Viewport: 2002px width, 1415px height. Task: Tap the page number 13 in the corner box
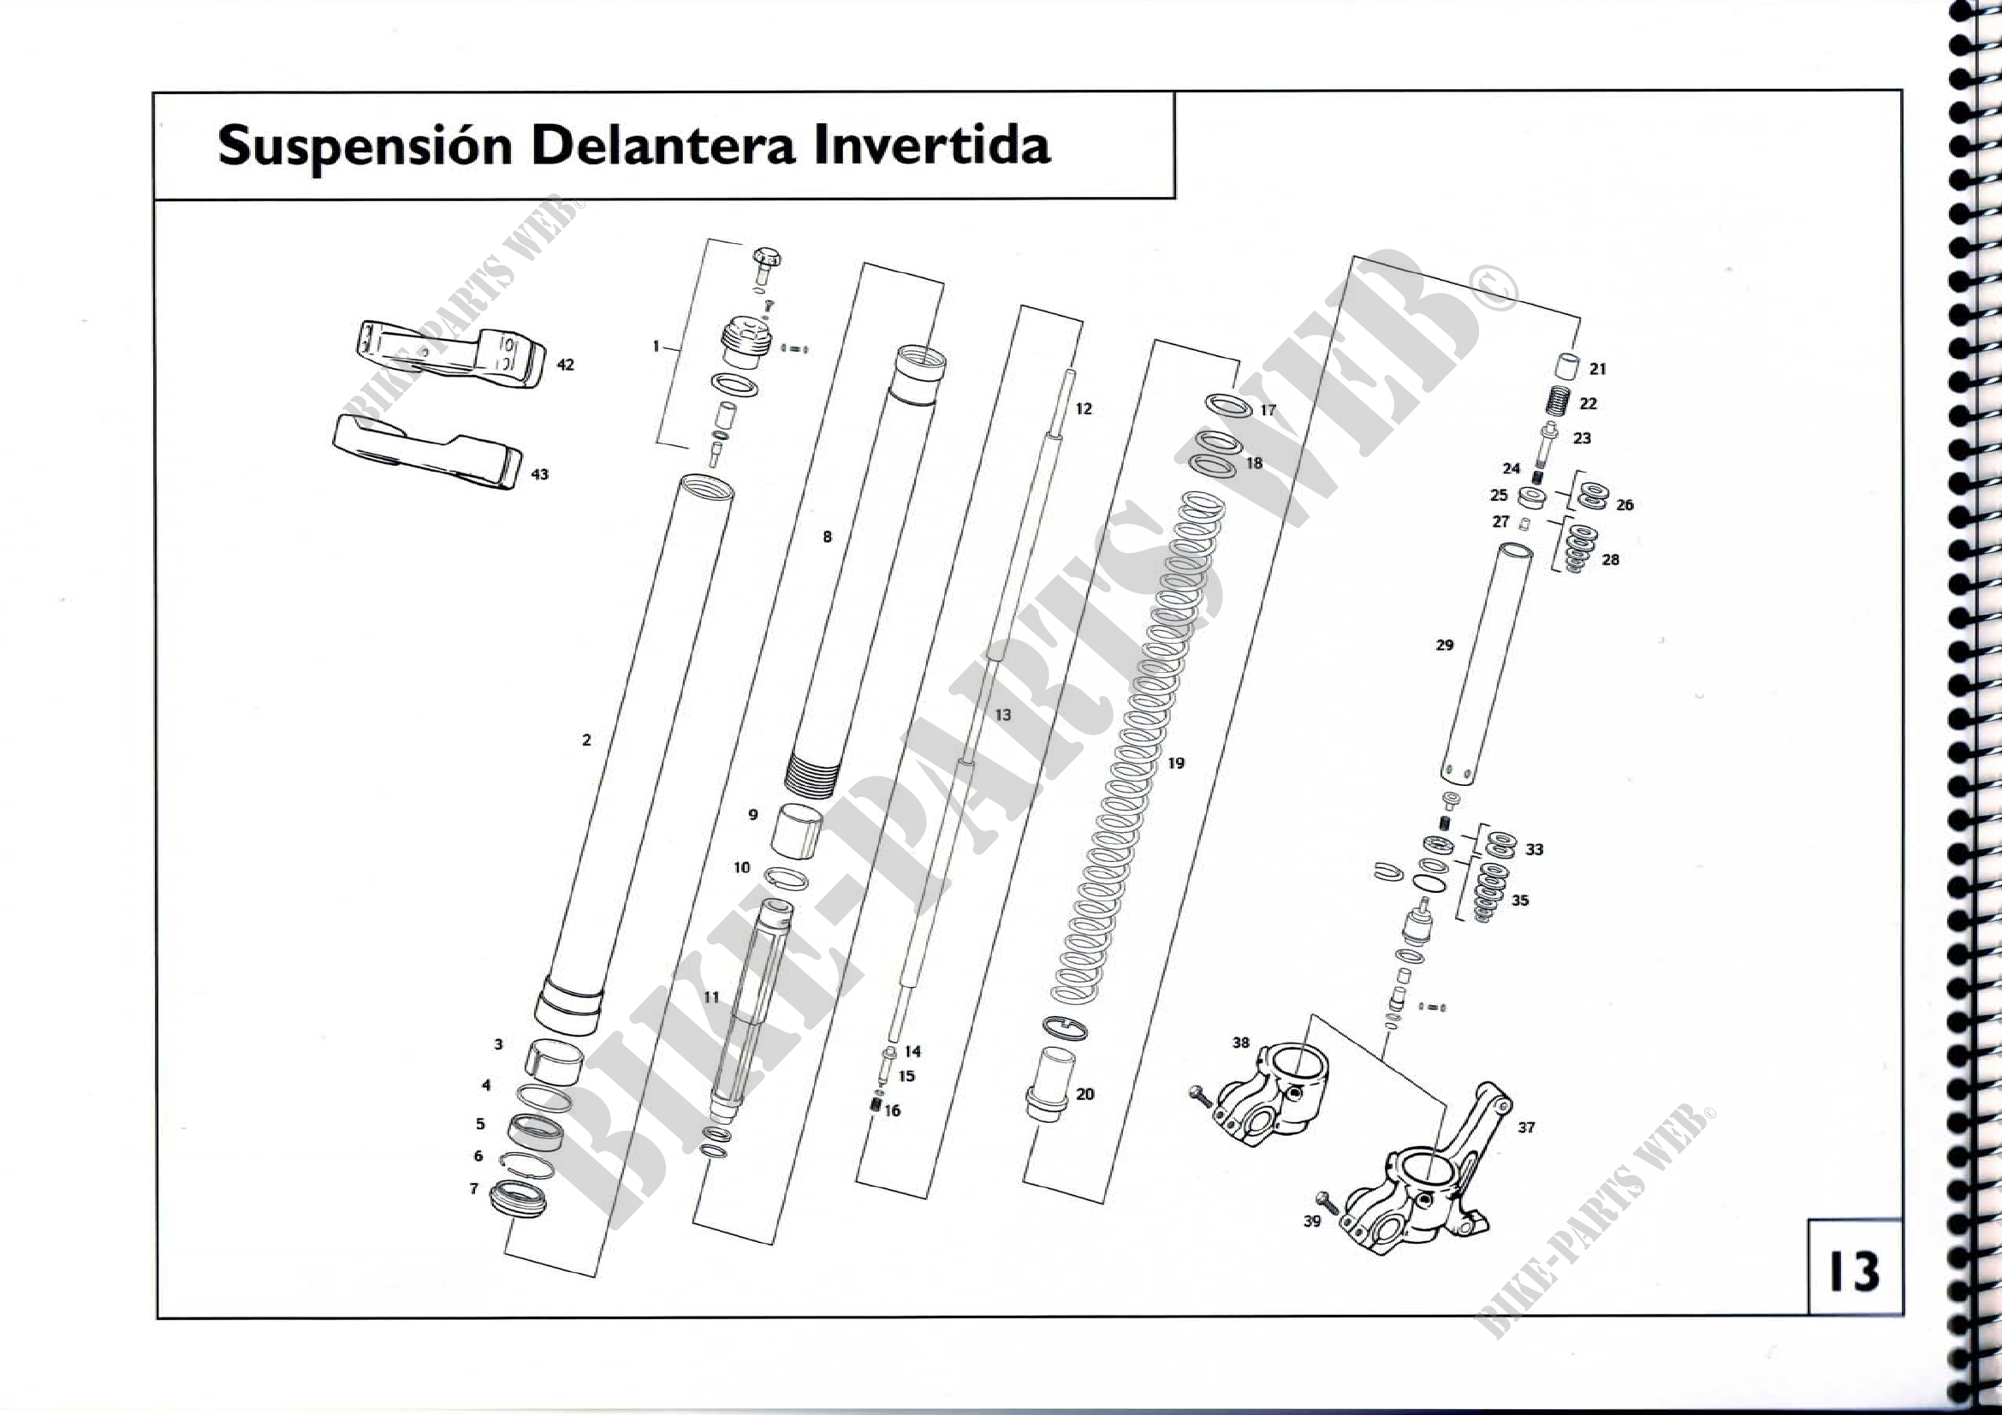(1854, 1272)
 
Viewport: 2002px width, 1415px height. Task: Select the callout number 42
(566, 365)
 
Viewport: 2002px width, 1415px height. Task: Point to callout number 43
(540, 474)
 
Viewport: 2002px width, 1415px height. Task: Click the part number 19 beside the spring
(1176, 763)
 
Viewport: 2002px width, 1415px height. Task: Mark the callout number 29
(1445, 645)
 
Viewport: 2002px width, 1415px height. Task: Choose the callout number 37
(1526, 1127)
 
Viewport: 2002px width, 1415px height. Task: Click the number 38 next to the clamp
(1241, 1043)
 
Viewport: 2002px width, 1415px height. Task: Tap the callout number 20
(1084, 1094)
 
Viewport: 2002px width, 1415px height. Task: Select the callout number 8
(828, 537)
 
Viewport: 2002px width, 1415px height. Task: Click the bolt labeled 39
(1329, 1204)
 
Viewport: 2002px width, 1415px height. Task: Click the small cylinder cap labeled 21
(1567, 367)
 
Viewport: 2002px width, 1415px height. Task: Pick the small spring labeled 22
(1557, 402)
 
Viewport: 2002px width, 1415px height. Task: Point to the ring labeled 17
(1228, 406)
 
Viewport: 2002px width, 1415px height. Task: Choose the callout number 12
(1084, 409)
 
